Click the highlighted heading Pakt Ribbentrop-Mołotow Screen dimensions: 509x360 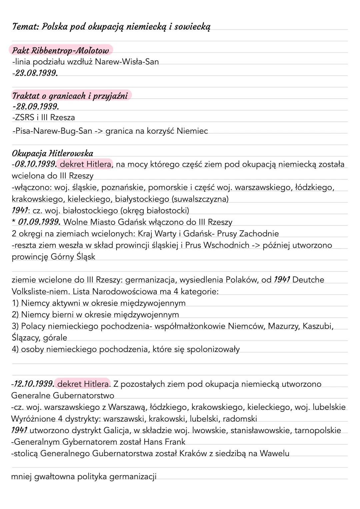(60, 51)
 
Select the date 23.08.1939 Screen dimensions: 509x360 (35, 73)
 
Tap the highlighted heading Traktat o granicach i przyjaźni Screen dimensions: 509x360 (70, 96)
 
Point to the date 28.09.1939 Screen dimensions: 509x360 (37, 107)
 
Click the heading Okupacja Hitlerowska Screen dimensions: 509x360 (52, 153)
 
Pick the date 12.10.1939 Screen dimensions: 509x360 (33, 384)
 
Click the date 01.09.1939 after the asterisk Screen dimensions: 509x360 (39, 222)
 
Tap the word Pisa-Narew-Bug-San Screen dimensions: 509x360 (53, 131)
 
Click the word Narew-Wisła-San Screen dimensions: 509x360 (127, 62)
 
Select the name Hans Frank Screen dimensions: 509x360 (164, 442)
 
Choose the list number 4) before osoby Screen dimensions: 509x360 (15, 349)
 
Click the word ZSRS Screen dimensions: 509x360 (25, 117)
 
